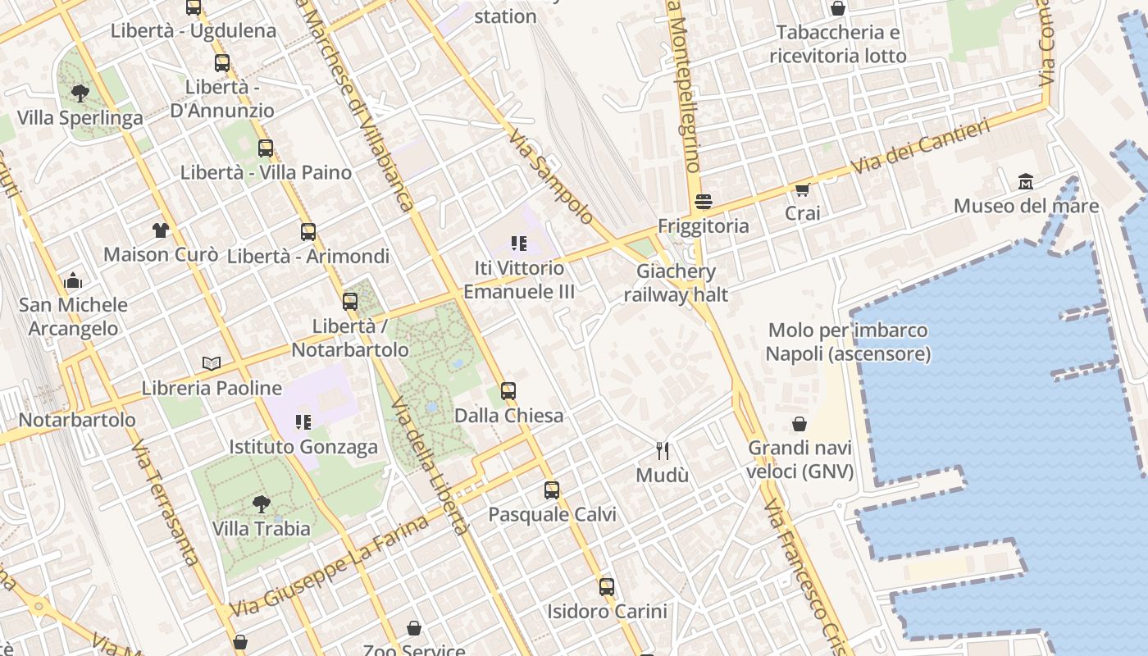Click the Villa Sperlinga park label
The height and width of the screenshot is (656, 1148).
pyautogui.click(x=80, y=118)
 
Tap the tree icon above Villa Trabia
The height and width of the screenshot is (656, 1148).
pyautogui.click(x=262, y=503)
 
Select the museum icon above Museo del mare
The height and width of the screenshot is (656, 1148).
pyautogui.click(x=1025, y=181)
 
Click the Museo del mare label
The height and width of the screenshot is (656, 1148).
pyautogui.click(x=1025, y=206)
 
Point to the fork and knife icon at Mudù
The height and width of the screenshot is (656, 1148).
pyautogui.click(x=663, y=450)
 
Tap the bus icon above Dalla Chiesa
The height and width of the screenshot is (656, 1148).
pyautogui.click(x=508, y=390)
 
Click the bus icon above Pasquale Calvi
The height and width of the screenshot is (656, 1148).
pyautogui.click(x=552, y=490)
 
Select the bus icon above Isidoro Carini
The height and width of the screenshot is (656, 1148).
pyautogui.click(x=607, y=587)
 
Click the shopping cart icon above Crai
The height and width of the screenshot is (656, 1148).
pyautogui.click(x=802, y=189)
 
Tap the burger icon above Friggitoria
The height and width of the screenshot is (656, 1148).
pyautogui.click(x=703, y=201)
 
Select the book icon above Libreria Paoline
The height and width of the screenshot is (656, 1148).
pyautogui.click(x=212, y=363)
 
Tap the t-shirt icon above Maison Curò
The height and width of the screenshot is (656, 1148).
pyautogui.click(x=160, y=230)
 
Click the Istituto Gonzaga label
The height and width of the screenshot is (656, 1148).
pyautogui.click(x=303, y=447)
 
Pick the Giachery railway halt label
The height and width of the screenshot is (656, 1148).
pyautogui.click(x=676, y=283)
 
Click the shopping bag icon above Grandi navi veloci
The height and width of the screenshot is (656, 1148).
pyautogui.click(x=799, y=424)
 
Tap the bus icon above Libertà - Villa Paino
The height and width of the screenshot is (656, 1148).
pyautogui.click(x=266, y=148)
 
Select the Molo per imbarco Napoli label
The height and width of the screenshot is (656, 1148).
pyautogui.click(x=848, y=342)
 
